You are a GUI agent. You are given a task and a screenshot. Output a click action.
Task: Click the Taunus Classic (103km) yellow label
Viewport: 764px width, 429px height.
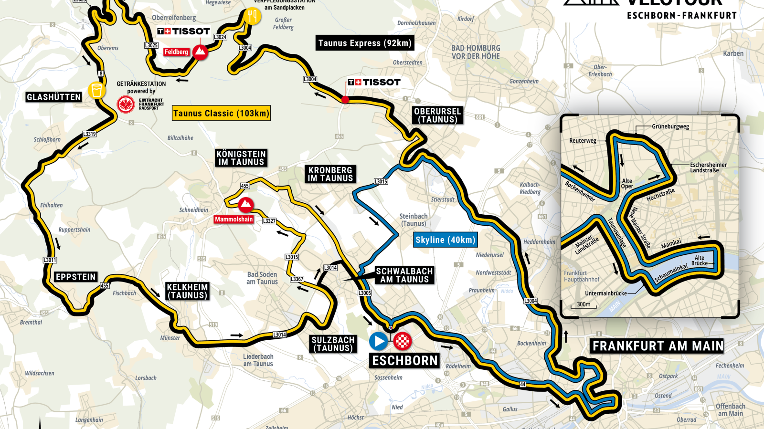[221, 113]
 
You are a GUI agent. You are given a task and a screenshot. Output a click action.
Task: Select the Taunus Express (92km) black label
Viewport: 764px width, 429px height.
[365, 43]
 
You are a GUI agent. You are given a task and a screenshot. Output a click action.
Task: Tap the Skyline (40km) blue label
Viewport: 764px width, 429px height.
[445, 240]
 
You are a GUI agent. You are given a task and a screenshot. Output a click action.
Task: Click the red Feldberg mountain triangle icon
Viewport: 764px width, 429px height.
[200, 52]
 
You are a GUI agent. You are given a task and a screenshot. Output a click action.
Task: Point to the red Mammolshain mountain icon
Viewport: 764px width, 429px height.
[245, 205]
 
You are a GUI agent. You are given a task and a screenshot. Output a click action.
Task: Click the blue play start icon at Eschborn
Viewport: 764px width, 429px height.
[378, 341]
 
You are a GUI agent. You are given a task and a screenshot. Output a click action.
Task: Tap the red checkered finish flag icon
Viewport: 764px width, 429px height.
[403, 341]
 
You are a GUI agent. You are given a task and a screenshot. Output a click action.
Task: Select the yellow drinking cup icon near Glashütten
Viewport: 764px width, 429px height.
[96, 90]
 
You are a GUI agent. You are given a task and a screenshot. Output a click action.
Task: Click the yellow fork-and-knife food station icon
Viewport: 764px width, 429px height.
[252, 16]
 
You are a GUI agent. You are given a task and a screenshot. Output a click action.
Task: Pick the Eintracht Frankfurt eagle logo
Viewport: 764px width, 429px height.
[126, 104]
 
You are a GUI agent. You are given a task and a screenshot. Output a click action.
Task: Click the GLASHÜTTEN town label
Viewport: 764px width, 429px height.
[54, 97]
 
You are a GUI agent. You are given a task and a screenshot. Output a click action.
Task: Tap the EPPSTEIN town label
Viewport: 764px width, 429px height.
[76, 277]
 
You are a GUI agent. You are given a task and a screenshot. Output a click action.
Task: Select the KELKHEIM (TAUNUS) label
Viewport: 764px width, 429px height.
[187, 291]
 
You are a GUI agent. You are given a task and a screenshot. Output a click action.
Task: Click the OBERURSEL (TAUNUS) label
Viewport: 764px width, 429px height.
[437, 115]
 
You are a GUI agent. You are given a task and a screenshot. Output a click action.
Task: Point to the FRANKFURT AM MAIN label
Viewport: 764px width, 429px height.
[658, 346]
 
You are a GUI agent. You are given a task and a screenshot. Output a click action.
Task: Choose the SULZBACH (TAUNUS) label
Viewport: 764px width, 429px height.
[333, 344]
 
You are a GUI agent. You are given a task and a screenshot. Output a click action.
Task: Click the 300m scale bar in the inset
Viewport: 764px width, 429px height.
[584, 305]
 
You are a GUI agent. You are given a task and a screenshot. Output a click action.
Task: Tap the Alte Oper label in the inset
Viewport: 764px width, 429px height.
[627, 184]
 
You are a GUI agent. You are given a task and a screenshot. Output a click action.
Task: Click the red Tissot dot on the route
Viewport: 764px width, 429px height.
[345, 100]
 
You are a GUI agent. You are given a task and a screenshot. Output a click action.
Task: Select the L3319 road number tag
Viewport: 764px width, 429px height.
[89, 134]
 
